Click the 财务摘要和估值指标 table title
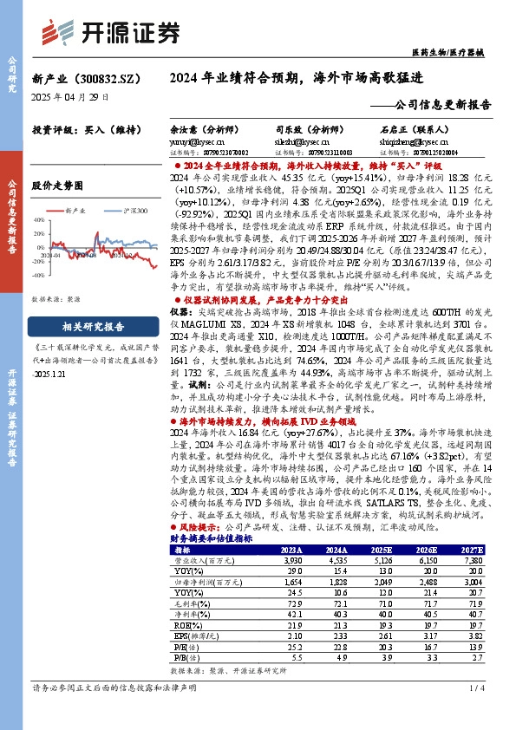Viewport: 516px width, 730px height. tap(212, 538)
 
